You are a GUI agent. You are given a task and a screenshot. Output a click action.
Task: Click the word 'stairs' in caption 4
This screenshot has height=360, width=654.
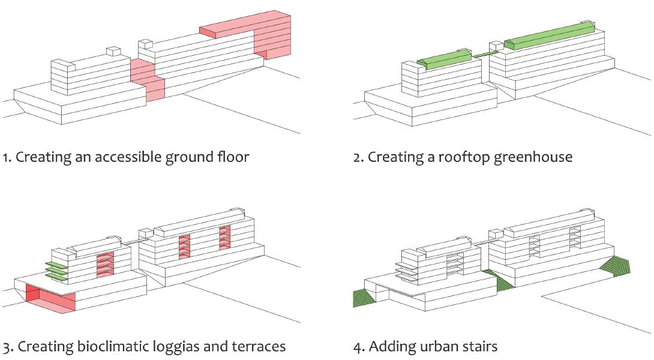pos(479,347)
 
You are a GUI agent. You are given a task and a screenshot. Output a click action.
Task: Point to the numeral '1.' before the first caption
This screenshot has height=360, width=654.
pos(7,157)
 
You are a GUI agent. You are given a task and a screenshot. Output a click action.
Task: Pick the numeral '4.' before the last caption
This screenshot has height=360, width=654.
pos(358,347)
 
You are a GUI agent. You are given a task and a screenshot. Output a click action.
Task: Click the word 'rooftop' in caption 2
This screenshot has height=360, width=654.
pos(461,157)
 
